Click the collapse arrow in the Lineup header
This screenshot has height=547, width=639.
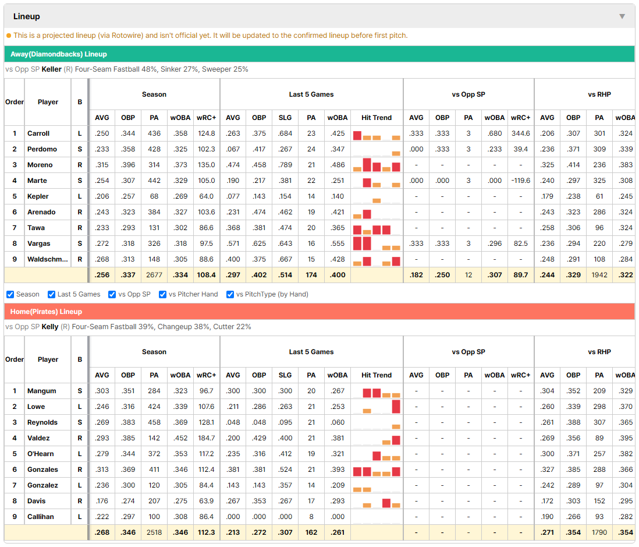622,16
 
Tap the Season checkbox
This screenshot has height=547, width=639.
10,295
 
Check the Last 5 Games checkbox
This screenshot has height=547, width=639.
51,295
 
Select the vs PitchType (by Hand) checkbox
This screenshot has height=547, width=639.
230,295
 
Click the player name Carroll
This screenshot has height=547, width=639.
38,133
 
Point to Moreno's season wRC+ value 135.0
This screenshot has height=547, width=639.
206,165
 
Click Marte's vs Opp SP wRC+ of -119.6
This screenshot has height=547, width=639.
520,181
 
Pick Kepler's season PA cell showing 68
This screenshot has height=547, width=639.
154,196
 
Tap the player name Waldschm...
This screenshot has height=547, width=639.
47,259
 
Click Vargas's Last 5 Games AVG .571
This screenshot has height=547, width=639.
233,243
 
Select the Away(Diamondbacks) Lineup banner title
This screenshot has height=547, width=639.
59,54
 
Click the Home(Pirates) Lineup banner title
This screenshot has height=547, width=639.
46,312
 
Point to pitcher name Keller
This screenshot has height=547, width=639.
51,69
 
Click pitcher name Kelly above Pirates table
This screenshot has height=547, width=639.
49,327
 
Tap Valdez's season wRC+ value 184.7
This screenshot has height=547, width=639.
206,438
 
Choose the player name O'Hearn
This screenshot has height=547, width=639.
40,454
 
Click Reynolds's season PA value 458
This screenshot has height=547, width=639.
154,422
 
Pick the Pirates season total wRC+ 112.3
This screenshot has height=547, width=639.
206,532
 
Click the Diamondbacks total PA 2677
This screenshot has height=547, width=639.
154,276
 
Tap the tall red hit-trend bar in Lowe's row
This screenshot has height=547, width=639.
396,407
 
